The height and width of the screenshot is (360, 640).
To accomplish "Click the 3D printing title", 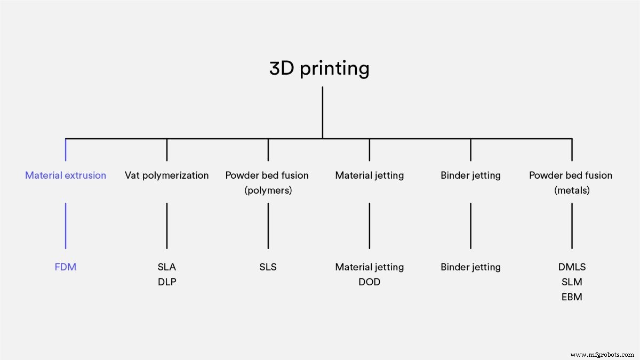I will pyautogui.click(x=319, y=69).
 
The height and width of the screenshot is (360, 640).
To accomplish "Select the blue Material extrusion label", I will pyautogui.click(x=66, y=175).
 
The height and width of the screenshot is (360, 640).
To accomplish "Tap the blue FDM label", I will pyautogui.click(x=66, y=267).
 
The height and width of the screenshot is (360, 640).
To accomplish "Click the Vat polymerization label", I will pyautogui.click(x=167, y=175).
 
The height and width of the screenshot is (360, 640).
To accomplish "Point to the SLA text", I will pyautogui.click(x=167, y=267).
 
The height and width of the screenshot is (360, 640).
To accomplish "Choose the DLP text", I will pyautogui.click(x=167, y=282).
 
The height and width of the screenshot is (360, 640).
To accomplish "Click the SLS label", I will pyautogui.click(x=268, y=267).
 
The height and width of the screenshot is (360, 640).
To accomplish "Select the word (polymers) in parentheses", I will pyautogui.click(x=268, y=190).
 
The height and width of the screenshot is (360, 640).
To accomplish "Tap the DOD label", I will pyautogui.click(x=370, y=282).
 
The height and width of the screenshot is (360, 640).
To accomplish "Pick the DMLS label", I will pyautogui.click(x=572, y=267).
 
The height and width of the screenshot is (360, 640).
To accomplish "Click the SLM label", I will pyautogui.click(x=572, y=282).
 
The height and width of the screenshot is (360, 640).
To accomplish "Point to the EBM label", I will pyautogui.click(x=572, y=297).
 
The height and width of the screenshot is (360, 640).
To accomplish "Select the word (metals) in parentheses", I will pyautogui.click(x=572, y=190).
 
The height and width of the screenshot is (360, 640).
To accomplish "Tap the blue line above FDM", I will pyautogui.click(x=66, y=225).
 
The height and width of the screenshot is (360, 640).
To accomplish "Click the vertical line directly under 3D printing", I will pyautogui.click(x=322, y=112).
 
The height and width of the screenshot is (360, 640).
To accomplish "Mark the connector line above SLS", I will pyautogui.click(x=268, y=225).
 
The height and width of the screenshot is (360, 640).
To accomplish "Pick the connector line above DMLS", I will pyautogui.click(x=572, y=225).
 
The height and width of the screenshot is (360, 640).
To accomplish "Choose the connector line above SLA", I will pyautogui.click(x=167, y=225).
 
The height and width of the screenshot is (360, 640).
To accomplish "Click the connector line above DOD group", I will pyautogui.click(x=370, y=225).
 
